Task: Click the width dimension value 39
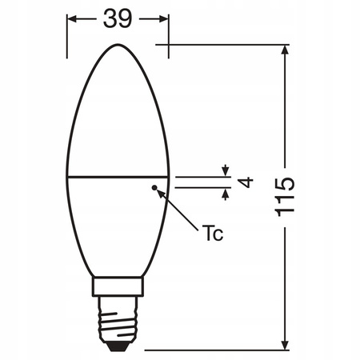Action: click(x=118, y=19)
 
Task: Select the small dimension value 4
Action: click(x=246, y=182)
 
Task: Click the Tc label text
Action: click(x=211, y=234)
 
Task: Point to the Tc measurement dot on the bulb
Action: click(x=154, y=187)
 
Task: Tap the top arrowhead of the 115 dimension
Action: click(x=286, y=50)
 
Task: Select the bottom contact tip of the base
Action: click(x=118, y=345)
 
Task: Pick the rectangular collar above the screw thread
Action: click(x=118, y=286)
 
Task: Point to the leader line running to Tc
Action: click(x=180, y=210)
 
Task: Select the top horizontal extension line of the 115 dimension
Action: click(x=232, y=44)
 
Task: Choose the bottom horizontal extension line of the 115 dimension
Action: click(x=216, y=348)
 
